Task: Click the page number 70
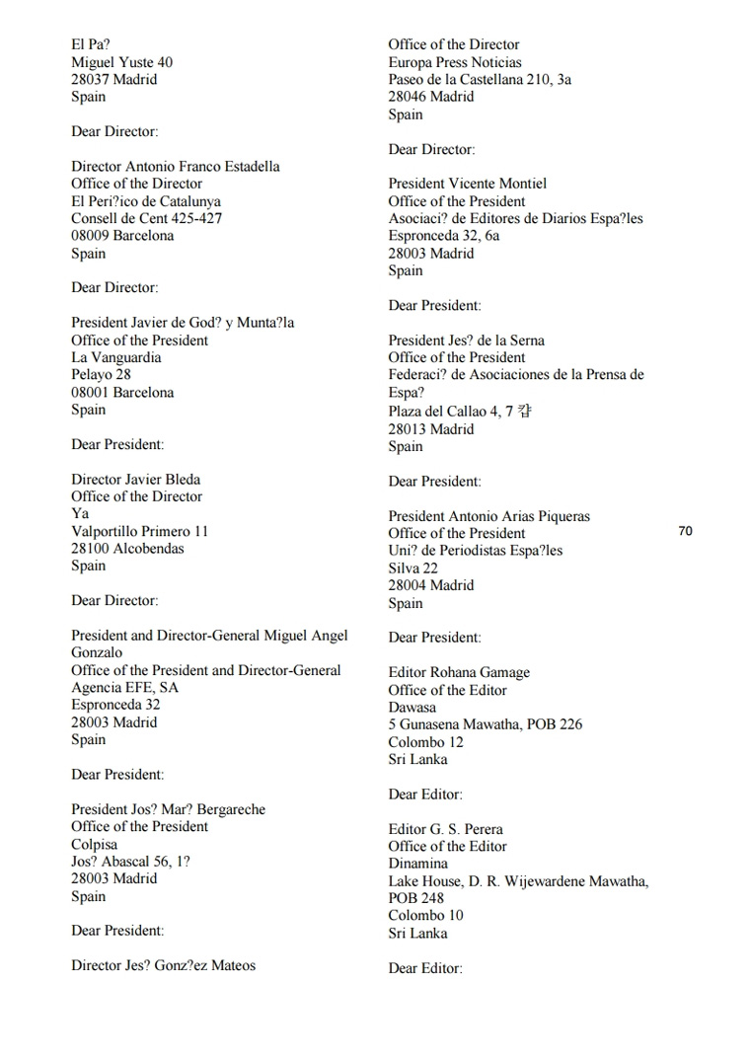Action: pyautogui.click(x=685, y=531)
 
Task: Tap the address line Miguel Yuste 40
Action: pyautogui.click(x=121, y=62)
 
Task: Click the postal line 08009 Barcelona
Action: pyautogui.click(x=122, y=236)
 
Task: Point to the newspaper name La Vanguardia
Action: pyautogui.click(x=115, y=357)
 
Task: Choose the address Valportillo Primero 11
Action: pyautogui.click(x=139, y=531)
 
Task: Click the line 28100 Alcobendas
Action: pyautogui.click(x=127, y=549)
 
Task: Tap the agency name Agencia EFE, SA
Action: pyautogui.click(x=124, y=687)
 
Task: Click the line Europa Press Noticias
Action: pyautogui.click(x=455, y=62)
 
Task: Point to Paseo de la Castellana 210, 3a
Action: pyautogui.click(x=480, y=79)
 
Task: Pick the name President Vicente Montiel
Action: pyautogui.click(x=467, y=184)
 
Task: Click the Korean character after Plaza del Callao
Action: pyautogui.click(x=535, y=411)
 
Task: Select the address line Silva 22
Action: pyautogui.click(x=412, y=568)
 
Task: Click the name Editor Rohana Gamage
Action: pyautogui.click(x=459, y=672)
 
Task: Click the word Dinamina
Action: pyautogui.click(x=417, y=864)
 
